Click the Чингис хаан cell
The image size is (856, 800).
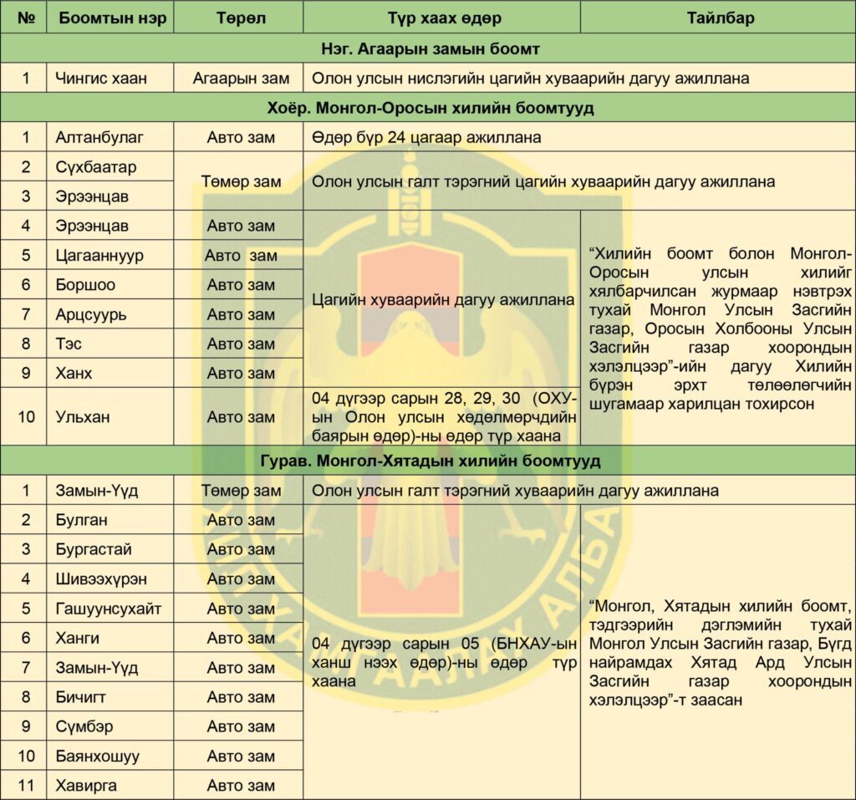click(x=101, y=79)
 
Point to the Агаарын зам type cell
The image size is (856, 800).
click(x=241, y=79)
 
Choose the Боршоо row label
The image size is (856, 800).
click(x=85, y=285)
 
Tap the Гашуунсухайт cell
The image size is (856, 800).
click(x=109, y=609)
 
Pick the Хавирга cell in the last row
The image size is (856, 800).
click(x=86, y=786)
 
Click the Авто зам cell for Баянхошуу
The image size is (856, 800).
click(x=241, y=757)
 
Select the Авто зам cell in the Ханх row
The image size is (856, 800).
click(x=241, y=373)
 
